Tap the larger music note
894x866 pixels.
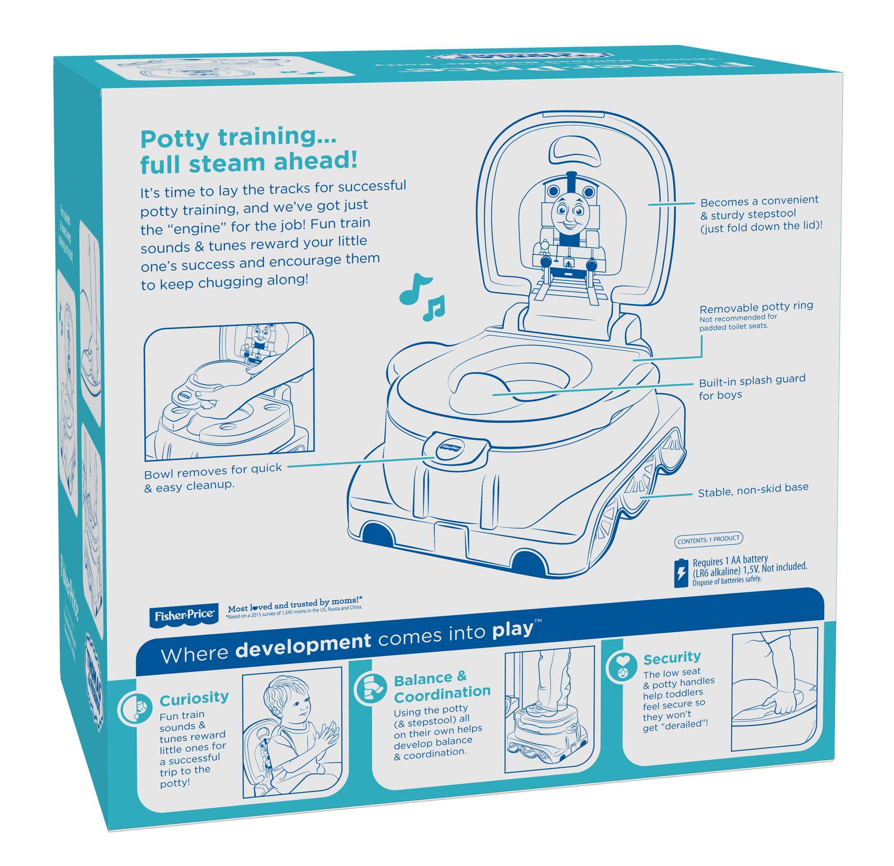tap(413, 289)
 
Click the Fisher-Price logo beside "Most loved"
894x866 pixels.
tap(183, 616)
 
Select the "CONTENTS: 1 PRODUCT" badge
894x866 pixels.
tap(708, 540)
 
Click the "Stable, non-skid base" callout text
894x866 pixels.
tap(753, 490)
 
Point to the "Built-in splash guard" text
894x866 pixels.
tap(752, 380)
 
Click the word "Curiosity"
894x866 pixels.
tap(194, 698)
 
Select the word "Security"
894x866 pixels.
tap(672, 658)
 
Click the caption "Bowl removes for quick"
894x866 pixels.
tap(213, 471)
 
